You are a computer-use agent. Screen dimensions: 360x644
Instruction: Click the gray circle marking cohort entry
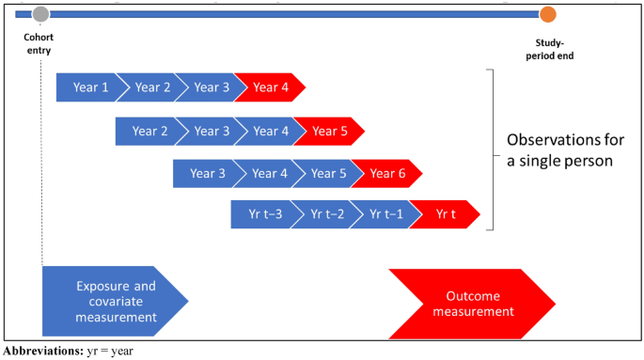click(40, 14)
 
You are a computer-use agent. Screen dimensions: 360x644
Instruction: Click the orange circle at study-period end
click(547, 14)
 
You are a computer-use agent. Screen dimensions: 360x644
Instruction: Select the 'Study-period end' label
click(551, 50)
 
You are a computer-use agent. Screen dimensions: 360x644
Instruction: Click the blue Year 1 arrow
click(89, 87)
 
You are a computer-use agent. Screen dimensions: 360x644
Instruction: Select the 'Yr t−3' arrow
click(262, 214)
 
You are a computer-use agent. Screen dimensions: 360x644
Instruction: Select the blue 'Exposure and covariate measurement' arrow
click(113, 301)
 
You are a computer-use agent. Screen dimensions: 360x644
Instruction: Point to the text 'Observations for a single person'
click(565, 149)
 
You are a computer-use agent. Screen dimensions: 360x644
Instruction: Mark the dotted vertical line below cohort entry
click(41, 188)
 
